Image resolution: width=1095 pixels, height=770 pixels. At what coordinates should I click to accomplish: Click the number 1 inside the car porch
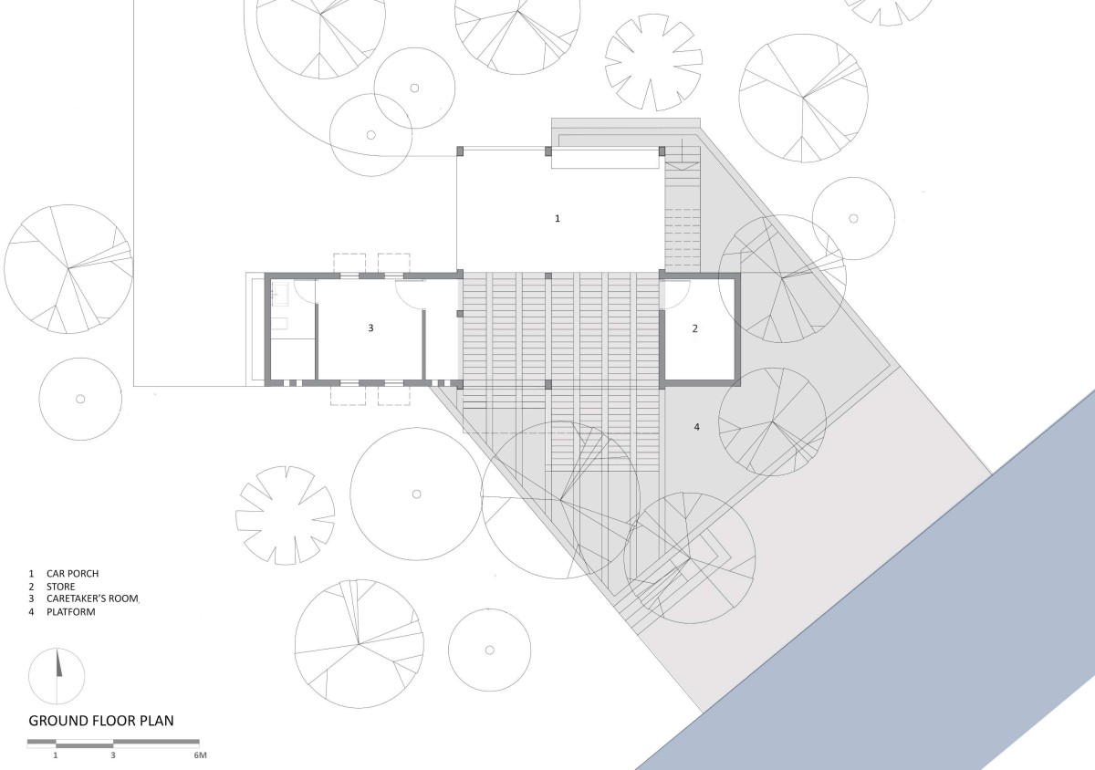pos(558,219)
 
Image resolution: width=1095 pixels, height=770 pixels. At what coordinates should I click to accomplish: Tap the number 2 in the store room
pos(695,328)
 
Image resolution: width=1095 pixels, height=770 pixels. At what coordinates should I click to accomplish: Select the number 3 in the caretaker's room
pos(370,328)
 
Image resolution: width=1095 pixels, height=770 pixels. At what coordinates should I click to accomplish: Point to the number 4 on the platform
pos(696,427)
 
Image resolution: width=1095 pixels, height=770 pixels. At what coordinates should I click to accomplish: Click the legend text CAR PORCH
pos(72,574)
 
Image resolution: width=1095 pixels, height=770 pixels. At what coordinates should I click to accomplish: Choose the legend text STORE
pos(60,587)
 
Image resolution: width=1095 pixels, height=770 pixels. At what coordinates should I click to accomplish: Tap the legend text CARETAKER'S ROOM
pos(92,598)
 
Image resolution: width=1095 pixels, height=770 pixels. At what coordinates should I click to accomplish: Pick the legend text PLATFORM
pos(71,611)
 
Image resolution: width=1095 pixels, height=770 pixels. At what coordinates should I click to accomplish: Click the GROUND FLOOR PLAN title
pos(101,721)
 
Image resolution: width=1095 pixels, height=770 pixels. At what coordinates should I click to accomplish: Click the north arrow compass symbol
pos(57,676)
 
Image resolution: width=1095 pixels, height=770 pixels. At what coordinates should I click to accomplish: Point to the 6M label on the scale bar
pos(201,755)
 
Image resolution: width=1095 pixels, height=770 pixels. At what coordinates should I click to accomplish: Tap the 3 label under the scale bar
pos(113,755)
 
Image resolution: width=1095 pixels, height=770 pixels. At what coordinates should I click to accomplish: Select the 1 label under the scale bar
pos(56,755)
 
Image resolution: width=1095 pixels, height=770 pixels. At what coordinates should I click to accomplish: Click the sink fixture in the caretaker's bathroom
pos(281,295)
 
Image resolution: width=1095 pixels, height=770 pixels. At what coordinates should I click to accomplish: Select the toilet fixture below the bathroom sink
pos(280,323)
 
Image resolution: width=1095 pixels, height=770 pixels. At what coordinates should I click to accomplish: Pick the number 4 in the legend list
pos(31,611)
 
